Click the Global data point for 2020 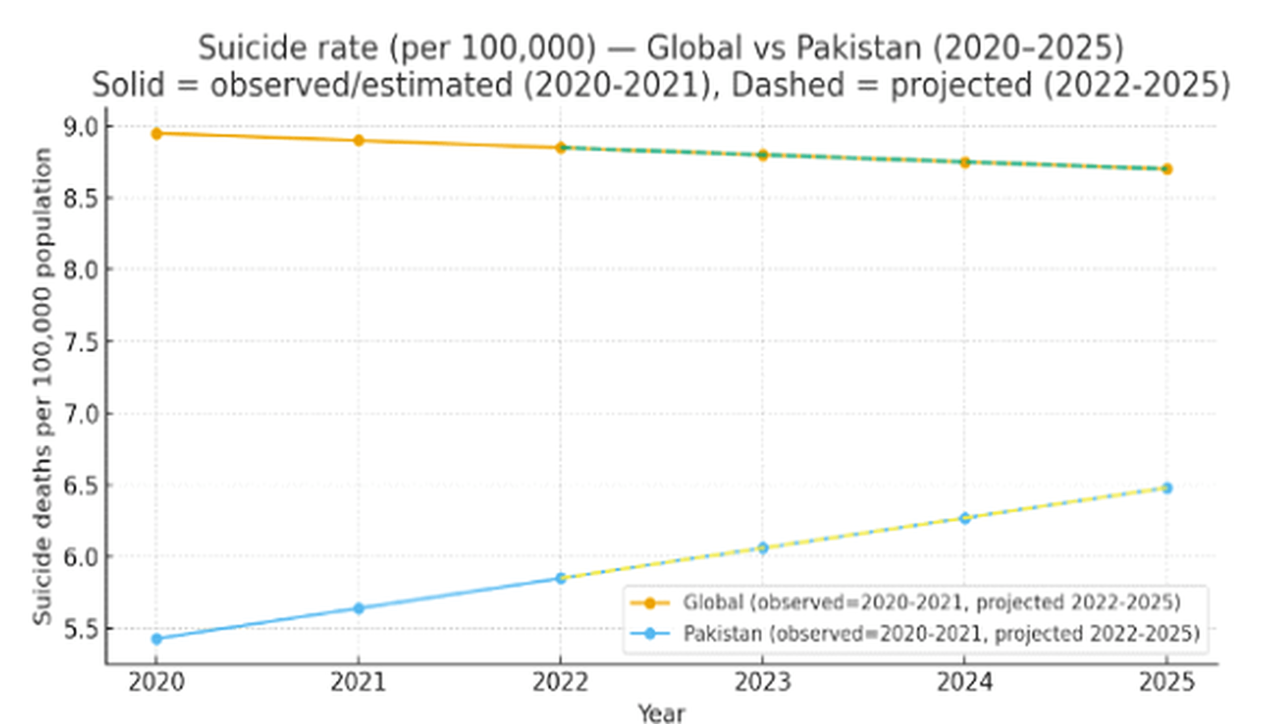156,134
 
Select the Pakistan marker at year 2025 1167,488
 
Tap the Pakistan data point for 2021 359,608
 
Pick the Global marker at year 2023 763,155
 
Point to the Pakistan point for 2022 561,578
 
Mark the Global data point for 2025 1167,169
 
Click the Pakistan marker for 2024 964,518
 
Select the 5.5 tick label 80,630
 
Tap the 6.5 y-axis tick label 80,487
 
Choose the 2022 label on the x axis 560,683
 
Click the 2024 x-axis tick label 964,683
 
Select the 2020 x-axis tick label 156,683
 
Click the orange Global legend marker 650,603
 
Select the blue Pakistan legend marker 650,633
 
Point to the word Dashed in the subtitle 787,84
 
